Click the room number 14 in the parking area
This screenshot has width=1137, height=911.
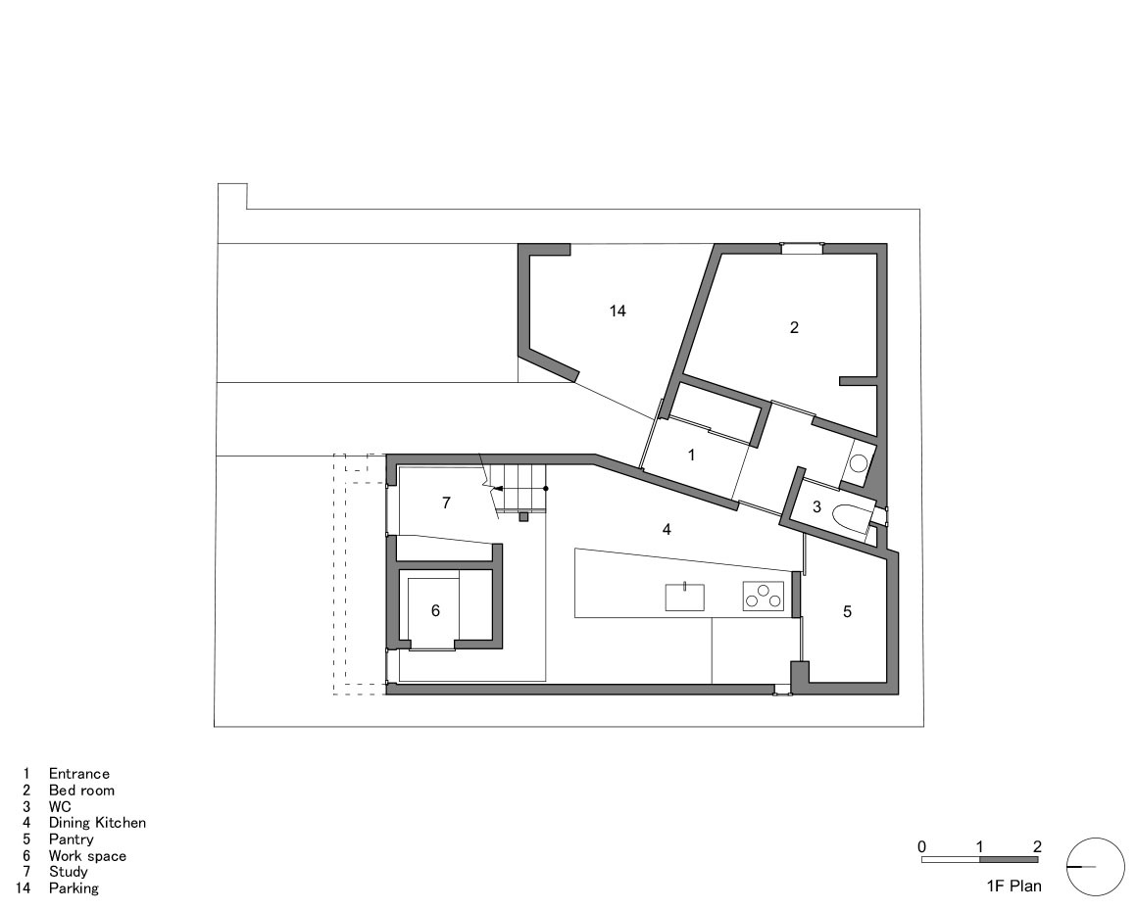tap(617, 311)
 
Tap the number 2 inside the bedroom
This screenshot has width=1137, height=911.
tap(794, 327)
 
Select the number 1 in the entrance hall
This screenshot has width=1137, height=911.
tap(691, 455)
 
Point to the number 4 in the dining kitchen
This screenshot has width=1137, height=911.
tap(667, 529)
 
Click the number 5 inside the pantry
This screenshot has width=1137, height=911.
tap(848, 611)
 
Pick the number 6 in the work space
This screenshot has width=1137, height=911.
tap(435, 610)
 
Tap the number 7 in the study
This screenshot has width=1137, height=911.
tap(446, 503)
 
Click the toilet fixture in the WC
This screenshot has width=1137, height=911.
tap(849, 513)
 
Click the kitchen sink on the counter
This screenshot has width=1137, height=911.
tap(685, 597)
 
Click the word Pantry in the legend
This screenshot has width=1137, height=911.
tap(72, 839)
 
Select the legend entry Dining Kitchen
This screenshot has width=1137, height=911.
tap(97, 823)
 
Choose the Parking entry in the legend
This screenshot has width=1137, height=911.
tap(74, 888)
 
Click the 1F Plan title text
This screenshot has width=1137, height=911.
tap(1013, 887)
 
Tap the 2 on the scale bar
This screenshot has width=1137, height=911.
tap(1037, 846)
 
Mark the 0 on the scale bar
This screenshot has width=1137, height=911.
tap(921, 846)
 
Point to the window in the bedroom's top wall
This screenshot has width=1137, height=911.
tap(801, 248)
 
